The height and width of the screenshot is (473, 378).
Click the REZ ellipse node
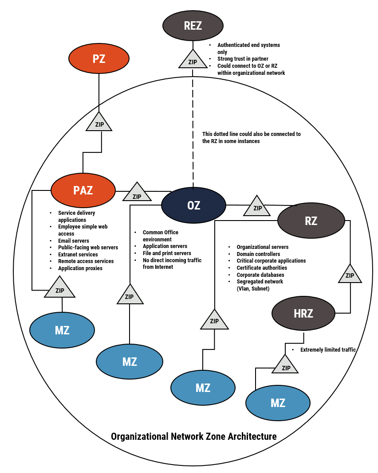click(193, 25)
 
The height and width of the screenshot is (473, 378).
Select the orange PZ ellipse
click(99, 58)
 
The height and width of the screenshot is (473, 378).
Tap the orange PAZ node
click(83, 190)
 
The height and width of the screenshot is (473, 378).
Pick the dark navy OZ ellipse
click(193, 205)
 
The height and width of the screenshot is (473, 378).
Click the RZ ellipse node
click(311, 221)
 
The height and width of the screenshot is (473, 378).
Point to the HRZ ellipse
click(303, 314)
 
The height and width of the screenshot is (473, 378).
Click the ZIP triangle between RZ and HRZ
click(350, 275)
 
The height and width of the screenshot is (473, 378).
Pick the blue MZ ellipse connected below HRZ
click(278, 403)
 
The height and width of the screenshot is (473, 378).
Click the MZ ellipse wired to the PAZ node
click(62, 330)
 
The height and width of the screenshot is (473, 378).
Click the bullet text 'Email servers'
click(74, 240)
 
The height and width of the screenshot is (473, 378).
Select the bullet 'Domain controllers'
click(258, 254)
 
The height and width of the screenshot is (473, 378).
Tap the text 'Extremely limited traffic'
click(328, 349)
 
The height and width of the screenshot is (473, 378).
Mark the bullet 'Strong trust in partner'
click(243, 59)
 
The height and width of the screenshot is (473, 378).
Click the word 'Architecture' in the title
click(252, 436)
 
